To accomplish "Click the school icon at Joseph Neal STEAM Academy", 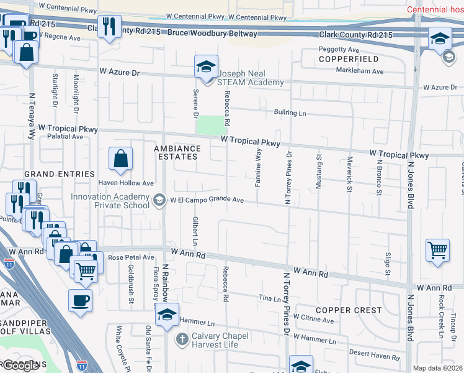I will (x=206, y=67).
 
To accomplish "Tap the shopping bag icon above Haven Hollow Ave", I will (x=120, y=160).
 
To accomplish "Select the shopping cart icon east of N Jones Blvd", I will (x=437, y=251).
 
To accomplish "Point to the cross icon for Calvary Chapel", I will (x=182, y=339).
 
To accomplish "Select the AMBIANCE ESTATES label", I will (x=177, y=153).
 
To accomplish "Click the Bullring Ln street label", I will (x=290, y=113).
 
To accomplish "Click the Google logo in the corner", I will (x=20, y=366).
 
